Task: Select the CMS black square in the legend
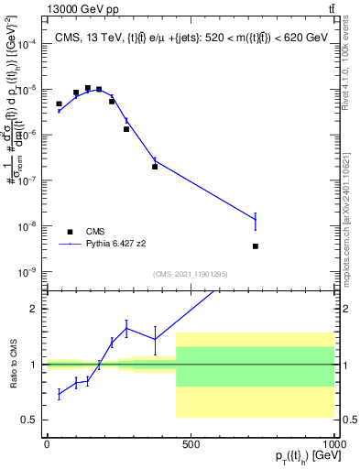click(71, 232)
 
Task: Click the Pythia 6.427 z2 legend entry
click(115, 245)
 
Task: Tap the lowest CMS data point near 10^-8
click(256, 245)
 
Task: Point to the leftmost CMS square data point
click(59, 104)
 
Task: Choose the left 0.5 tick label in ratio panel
click(30, 420)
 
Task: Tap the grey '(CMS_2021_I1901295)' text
click(190, 274)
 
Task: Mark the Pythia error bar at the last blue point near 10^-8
click(256, 220)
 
